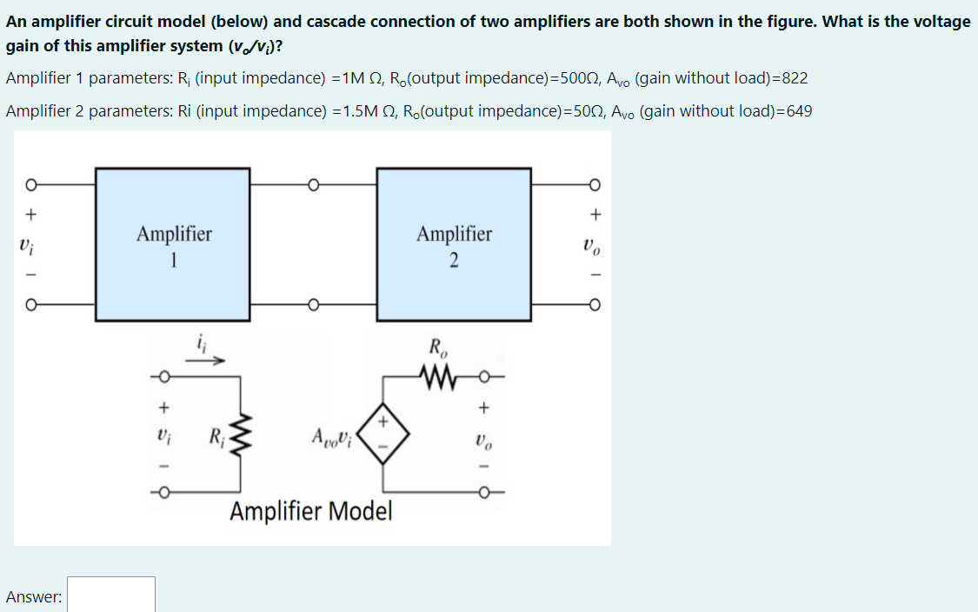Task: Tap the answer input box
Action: click(111, 595)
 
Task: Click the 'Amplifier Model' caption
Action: click(311, 511)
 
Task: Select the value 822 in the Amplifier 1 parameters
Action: click(795, 78)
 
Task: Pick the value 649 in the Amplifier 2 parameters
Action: click(799, 111)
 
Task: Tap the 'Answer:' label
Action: click(33, 596)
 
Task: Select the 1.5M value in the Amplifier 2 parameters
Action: click(357, 111)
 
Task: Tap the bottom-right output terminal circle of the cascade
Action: click(595, 305)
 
